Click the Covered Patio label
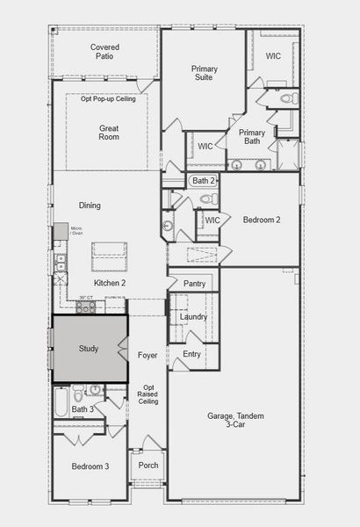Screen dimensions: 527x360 (104, 52)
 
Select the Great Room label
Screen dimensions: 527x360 (109, 133)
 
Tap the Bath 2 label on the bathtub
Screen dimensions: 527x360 (204, 181)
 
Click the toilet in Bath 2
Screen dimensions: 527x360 (211, 199)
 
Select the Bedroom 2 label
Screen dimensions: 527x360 (262, 220)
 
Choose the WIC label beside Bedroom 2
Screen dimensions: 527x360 (212, 220)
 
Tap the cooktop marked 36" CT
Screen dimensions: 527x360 (86, 306)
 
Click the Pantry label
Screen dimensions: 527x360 (194, 284)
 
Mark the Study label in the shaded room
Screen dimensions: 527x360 (88, 349)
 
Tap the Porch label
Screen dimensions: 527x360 (148, 465)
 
